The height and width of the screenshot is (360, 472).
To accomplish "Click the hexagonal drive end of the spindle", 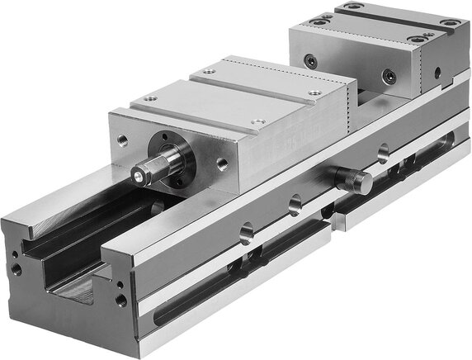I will click(x=139, y=174).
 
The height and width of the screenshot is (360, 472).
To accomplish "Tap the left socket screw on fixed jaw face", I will click(x=310, y=61).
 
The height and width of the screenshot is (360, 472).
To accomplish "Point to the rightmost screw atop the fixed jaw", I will click(x=450, y=22).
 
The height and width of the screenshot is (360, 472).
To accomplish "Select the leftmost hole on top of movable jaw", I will click(x=149, y=98).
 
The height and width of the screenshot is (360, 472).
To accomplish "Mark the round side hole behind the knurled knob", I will click(x=382, y=153).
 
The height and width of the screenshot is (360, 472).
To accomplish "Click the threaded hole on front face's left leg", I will click(x=17, y=268).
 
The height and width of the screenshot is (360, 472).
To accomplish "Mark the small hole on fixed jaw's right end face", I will click(x=437, y=72).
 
